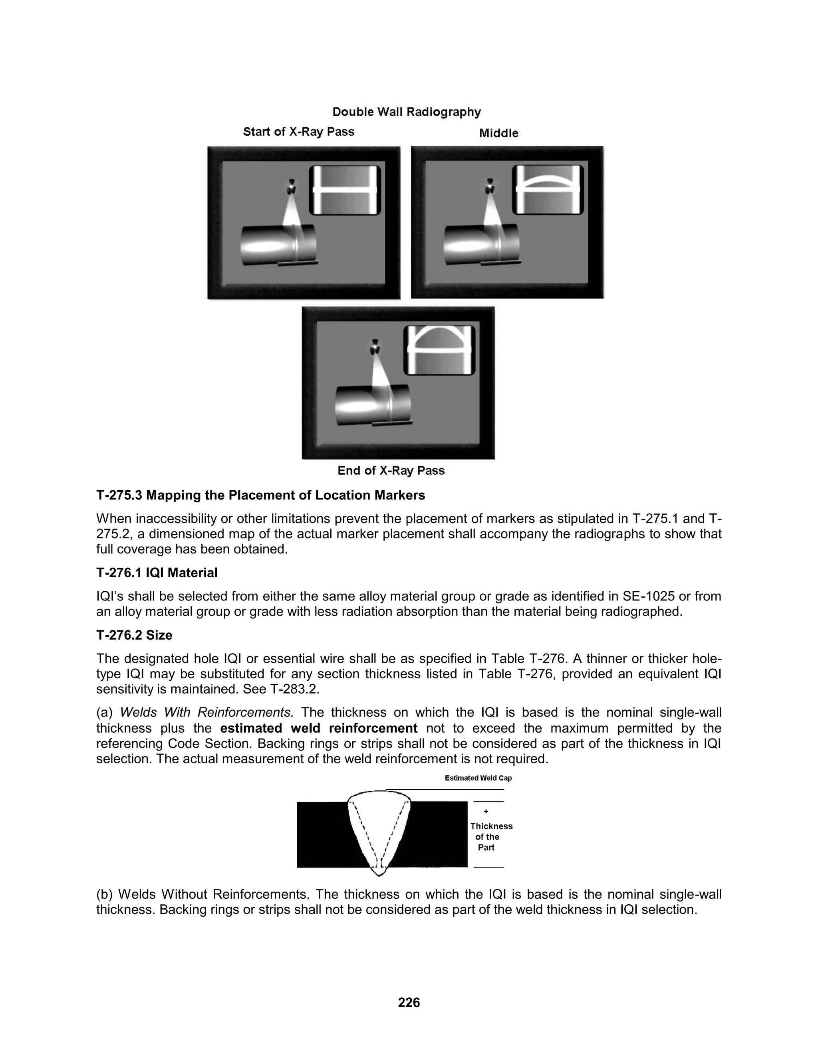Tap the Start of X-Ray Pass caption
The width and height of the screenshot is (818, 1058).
(x=298, y=132)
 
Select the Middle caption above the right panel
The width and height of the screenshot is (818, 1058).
(x=498, y=133)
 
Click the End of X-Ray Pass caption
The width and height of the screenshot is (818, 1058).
(x=391, y=470)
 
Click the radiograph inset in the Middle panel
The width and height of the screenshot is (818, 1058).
(x=548, y=190)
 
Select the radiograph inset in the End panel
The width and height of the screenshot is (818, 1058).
(x=439, y=350)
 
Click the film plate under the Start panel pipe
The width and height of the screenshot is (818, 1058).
(x=298, y=263)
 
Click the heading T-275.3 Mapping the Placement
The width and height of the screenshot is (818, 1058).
(x=260, y=495)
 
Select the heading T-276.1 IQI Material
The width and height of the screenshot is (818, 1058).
(x=157, y=573)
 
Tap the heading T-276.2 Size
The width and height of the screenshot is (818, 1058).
(x=134, y=635)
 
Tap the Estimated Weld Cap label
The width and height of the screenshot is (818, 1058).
(x=478, y=778)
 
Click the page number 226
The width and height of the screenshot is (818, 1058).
(x=409, y=1002)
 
